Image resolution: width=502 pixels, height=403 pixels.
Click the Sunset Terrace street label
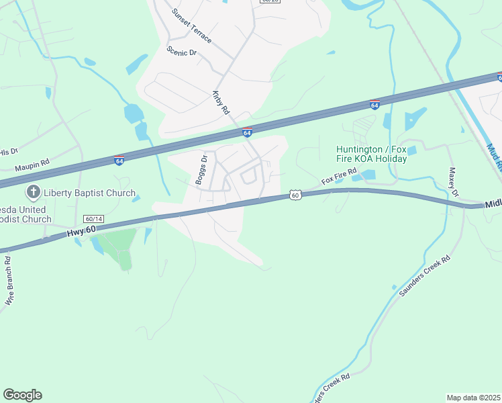point(191,26)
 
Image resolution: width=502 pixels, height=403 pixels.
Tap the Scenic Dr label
point(181,52)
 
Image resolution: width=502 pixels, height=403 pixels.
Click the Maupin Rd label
point(32,163)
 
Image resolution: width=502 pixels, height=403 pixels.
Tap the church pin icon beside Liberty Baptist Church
point(32,193)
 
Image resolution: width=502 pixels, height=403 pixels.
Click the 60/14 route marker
point(94,219)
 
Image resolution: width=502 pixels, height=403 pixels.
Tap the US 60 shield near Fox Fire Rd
point(295,195)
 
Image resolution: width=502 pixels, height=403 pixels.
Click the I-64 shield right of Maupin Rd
point(119,160)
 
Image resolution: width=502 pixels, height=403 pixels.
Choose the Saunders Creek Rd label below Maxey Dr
point(424,276)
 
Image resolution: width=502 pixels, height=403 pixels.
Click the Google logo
point(22,395)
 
